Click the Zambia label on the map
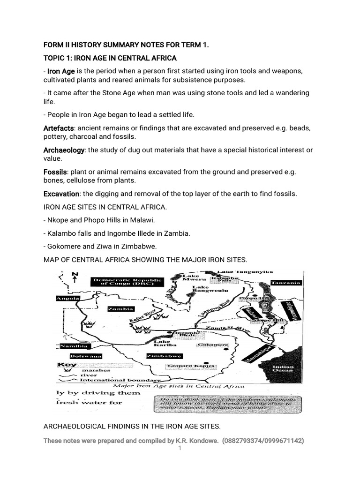pyautogui.click(x=121, y=309)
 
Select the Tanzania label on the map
pyautogui.click(x=285, y=283)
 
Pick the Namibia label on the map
pyautogui.click(x=74, y=346)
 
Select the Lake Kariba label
pyautogui.click(x=162, y=345)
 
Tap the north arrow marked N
pyautogui.click(x=75, y=277)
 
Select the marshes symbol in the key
pyautogui.click(x=67, y=370)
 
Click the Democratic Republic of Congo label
pyautogui.click(x=127, y=282)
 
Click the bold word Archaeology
pyautogui.click(x=64, y=150)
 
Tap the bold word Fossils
pyautogui.click(x=55, y=172)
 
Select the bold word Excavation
pyautogui.click(x=61, y=194)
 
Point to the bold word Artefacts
pyautogui.click(x=59, y=128)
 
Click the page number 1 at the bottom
pyautogui.click(x=180, y=449)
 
